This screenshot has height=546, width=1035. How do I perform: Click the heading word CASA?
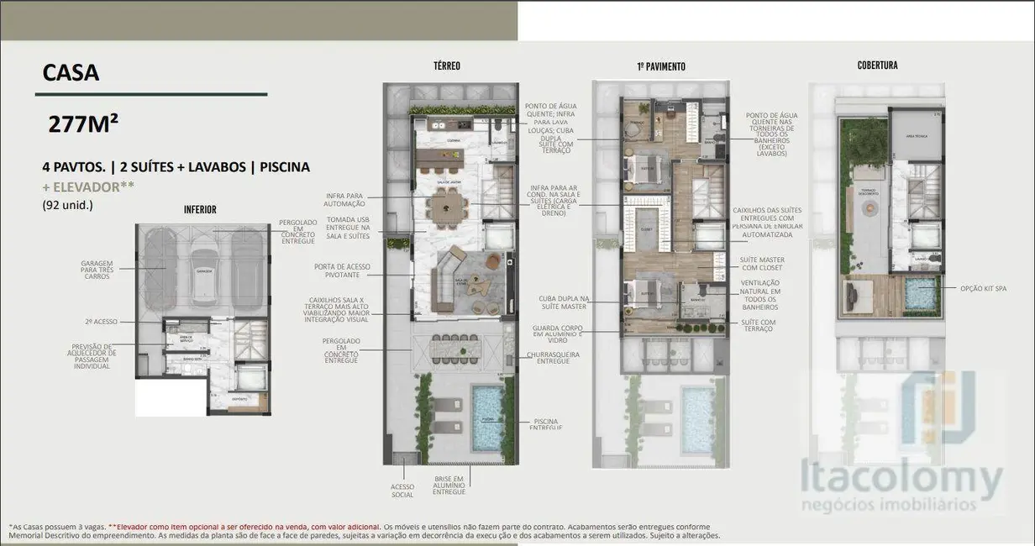tap(71, 73)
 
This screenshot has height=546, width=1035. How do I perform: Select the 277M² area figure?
tap(83, 124)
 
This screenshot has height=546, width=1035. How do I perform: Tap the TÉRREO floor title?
tap(446, 66)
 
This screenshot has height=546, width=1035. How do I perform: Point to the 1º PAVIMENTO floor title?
tap(660, 66)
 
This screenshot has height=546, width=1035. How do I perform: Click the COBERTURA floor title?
tap(877, 66)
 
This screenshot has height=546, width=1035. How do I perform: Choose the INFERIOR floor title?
tap(200, 209)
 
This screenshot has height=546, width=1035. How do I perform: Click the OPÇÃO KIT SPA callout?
tap(983, 288)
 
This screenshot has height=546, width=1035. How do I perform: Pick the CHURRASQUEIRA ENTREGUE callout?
tap(559, 356)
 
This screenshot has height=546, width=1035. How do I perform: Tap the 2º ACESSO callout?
tap(102, 321)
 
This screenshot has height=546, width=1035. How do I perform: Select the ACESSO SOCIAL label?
tap(402, 491)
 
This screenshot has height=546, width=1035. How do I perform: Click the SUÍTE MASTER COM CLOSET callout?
tap(762, 264)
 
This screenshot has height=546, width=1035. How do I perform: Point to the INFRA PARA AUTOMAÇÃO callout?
tap(345, 200)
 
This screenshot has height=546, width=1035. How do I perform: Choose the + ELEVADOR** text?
tap(88, 186)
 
